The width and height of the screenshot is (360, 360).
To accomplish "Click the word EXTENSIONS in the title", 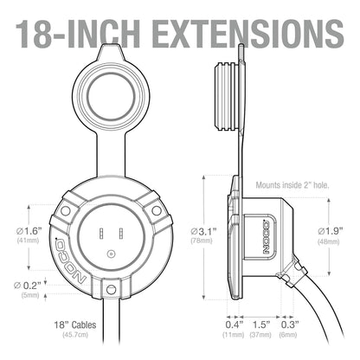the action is click(250, 34).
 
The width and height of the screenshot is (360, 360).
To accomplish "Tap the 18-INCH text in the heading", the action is click(78, 34).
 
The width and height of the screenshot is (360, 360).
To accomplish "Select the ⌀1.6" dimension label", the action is click(29, 231).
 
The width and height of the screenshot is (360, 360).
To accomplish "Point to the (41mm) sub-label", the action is click(28, 240).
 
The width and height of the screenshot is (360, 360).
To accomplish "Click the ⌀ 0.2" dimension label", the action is click(27, 286).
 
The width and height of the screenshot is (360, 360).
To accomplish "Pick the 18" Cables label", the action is click(75, 325).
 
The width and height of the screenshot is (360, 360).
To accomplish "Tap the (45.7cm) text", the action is click(75, 335).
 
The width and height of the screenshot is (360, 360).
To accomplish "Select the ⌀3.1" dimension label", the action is click(204, 231).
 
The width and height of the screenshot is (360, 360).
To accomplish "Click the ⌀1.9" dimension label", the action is click(331, 231).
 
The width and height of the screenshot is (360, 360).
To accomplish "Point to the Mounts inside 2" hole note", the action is click(292, 185).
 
